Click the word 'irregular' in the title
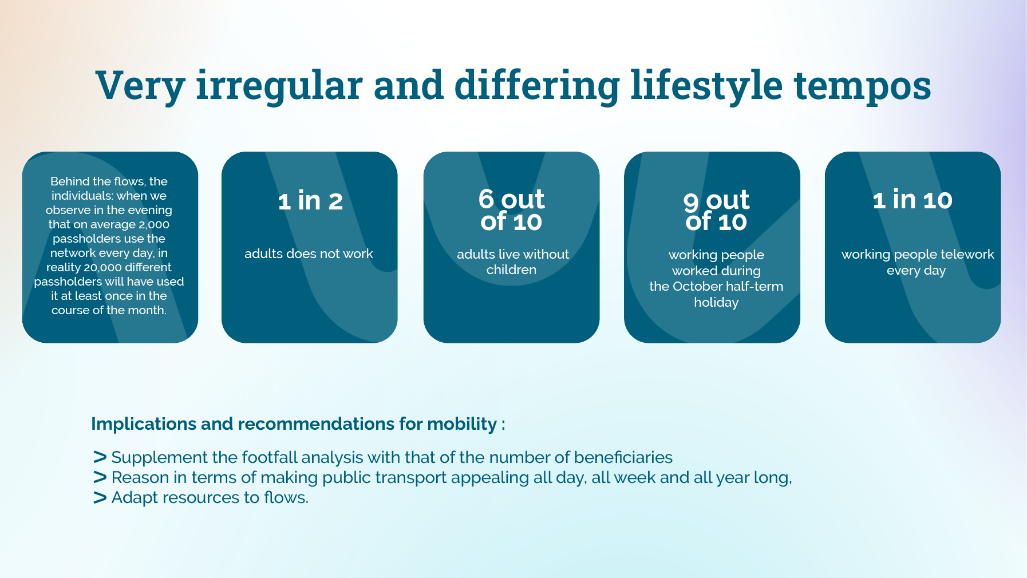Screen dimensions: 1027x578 [x=279, y=85]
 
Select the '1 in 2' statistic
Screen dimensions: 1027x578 [x=310, y=201]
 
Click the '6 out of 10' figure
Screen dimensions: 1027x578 [x=511, y=210]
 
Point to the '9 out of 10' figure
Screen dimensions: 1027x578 [x=716, y=211]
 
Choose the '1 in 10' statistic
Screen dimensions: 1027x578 [x=913, y=200]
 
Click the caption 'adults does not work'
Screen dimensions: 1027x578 [x=309, y=254]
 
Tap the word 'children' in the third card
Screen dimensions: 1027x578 [x=511, y=270]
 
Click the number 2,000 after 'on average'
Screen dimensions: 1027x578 [x=154, y=224]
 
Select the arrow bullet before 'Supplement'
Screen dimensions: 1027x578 [x=100, y=457]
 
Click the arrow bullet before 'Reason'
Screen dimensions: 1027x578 [x=100, y=477]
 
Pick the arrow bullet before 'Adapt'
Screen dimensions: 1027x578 [x=100, y=497]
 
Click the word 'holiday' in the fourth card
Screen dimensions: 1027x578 [x=716, y=303]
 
